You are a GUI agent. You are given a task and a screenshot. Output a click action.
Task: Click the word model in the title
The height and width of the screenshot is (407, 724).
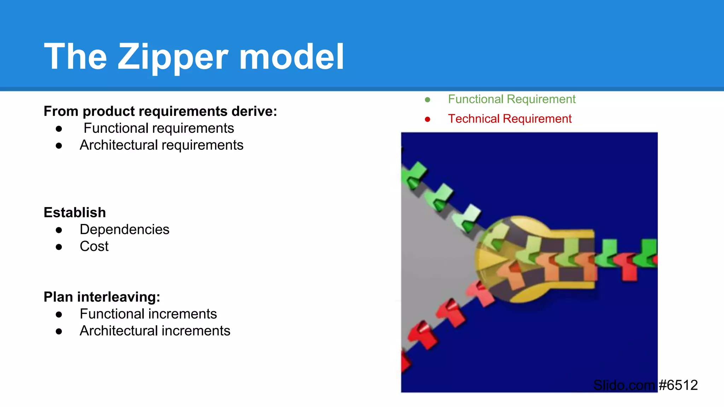(x=291, y=57)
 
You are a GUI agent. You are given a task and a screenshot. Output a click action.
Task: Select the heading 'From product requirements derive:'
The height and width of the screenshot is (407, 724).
(x=160, y=111)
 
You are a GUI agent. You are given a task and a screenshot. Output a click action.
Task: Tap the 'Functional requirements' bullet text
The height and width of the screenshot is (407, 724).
(x=159, y=128)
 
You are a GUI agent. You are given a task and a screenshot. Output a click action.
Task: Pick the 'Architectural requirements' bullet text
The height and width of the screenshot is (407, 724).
(x=161, y=145)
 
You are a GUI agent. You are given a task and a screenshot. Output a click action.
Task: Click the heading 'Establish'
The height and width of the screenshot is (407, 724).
(x=75, y=213)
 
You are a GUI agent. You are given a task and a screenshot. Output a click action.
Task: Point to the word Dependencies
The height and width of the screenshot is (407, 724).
(x=124, y=230)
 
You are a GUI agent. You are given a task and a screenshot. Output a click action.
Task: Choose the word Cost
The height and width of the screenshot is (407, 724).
(x=94, y=246)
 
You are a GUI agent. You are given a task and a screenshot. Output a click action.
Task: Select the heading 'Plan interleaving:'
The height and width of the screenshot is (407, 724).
(x=102, y=297)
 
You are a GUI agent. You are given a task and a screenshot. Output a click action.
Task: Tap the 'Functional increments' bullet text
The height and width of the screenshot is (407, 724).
(x=148, y=314)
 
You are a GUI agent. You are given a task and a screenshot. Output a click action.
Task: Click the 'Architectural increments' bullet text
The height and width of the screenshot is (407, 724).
(x=155, y=331)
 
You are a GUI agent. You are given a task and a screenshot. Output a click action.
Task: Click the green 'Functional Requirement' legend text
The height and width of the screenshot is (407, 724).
(x=512, y=99)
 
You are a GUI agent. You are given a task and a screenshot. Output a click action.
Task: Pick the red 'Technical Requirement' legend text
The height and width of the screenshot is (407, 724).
(x=509, y=119)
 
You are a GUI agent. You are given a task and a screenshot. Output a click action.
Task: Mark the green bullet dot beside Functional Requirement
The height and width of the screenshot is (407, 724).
(x=427, y=100)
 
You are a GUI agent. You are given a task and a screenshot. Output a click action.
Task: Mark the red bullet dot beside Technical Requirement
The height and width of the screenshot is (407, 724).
(x=427, y=119)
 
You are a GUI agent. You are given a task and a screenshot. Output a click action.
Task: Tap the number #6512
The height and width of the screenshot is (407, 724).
(x=678, y=385)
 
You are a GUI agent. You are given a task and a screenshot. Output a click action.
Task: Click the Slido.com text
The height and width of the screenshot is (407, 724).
(x=624, y=385)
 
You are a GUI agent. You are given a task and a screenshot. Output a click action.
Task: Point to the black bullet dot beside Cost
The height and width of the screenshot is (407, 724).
(x=59, y=247)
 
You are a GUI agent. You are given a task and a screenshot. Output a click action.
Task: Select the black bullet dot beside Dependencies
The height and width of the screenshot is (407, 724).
(x=59, y=230)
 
